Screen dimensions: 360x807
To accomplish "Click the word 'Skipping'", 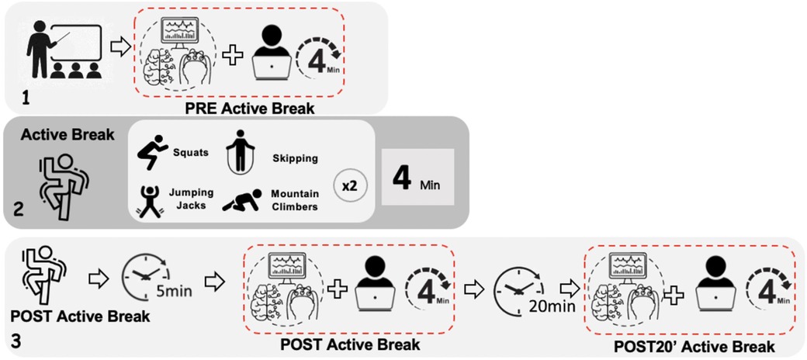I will point(294,158).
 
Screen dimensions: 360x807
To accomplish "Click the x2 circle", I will point(348,186).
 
